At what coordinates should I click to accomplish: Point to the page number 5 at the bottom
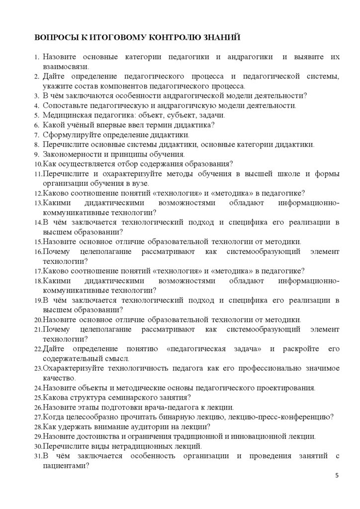[337, 476]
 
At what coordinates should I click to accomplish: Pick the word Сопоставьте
[66, 105]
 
